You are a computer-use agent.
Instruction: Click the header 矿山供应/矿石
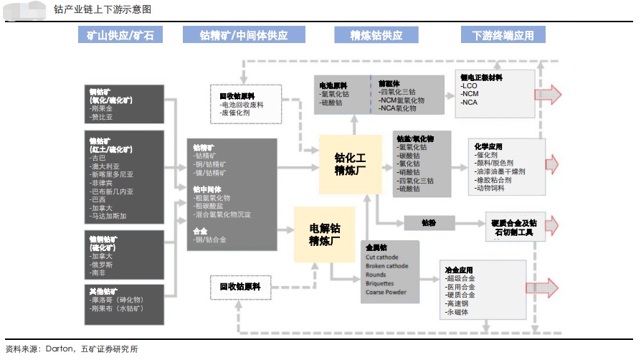120,35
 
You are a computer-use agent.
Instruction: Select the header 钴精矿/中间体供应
243,35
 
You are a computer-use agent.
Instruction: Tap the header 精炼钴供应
376,35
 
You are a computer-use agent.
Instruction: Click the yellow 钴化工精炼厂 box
350,164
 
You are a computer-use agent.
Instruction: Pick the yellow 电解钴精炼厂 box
324,235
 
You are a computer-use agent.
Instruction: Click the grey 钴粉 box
429,223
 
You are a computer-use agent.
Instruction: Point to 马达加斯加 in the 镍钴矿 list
108,216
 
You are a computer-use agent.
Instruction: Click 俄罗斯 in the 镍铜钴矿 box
101,265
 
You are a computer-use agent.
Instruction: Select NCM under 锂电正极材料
470,94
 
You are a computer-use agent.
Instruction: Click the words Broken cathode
386,265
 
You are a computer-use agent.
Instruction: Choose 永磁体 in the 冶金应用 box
457,312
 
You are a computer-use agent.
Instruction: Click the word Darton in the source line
60,349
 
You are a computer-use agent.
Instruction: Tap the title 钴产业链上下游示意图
102,10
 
